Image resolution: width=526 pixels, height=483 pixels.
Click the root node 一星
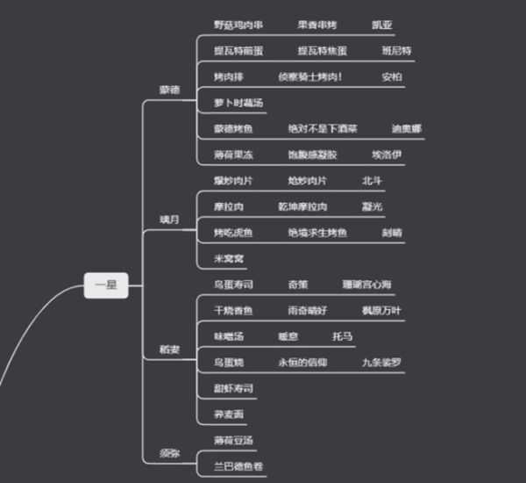[x=106, y=285]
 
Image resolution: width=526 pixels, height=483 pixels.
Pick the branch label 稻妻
[x=168, y=349]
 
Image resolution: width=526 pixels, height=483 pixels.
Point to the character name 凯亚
[x=382, y=24]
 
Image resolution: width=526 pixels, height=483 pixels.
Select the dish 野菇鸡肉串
[x=238, y=24]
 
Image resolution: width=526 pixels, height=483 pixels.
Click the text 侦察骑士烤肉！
[x=310, y=76]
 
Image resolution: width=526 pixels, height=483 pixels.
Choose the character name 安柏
[x=392, y=76]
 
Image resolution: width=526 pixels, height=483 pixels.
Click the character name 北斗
[x=373, y=181]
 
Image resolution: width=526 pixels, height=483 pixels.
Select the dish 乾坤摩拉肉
[x=302, y=206]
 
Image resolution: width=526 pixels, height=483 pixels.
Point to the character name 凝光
[x=372, y=206]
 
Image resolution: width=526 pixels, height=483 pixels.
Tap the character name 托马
[x=342, y=336]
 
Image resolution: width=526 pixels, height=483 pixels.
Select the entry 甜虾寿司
[x=233, y=388]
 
